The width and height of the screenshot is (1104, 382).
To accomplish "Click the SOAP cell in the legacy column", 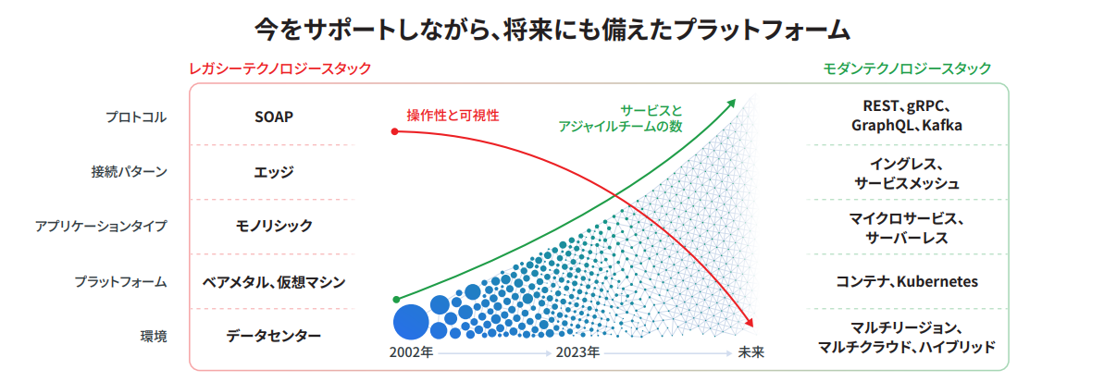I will click(x=274, y=117).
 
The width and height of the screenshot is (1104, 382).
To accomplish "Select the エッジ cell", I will click(x=274, y=172).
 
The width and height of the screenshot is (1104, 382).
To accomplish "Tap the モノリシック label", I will click(x=274, y=226).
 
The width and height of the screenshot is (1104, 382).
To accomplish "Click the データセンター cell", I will click(x=274, y=336).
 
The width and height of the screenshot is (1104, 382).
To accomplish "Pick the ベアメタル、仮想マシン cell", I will click(x=274, y=281).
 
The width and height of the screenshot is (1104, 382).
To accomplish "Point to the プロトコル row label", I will click(x=136, y=117).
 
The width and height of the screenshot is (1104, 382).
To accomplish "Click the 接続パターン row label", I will click(x=130, y=172).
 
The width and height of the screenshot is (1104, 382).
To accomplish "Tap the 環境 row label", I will click(x=154, y=336).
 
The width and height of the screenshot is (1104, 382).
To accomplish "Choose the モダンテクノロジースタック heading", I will click(x=907, y=68).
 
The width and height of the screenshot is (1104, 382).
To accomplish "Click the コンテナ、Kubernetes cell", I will click(x=907, y=281).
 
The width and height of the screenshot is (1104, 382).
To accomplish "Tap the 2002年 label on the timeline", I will click(x=411, y=352).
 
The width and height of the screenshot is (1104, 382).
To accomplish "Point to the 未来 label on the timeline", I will click(x=750, y=352).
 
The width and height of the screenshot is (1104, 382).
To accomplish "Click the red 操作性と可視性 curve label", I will click(x=453, y=115).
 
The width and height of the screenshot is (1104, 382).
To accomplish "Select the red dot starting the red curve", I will click(x=395, y=131).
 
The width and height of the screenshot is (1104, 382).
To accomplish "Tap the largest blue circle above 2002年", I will click(x=411, y=322).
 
